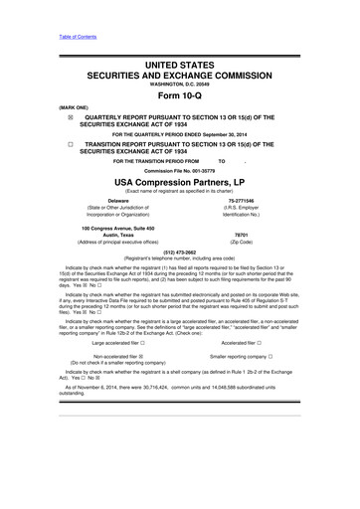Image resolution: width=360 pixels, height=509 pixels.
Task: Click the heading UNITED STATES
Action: [179, 64]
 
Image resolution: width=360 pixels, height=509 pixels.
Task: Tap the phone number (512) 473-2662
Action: [179, 252]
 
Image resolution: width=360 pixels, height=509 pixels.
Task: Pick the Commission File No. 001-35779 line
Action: [179, 169]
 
